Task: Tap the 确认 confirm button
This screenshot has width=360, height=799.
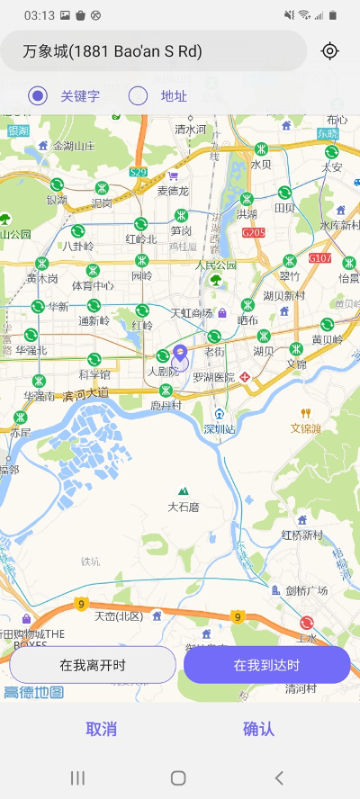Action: pyautogui.click(x=258, y=729)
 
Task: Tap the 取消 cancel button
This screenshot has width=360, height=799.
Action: pyautogui.click(x=101, y=729)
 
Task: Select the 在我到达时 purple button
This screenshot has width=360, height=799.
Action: pyautogui.click(x=266, y=665)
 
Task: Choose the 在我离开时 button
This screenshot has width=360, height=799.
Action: pyautogui.click(x=93, y=665)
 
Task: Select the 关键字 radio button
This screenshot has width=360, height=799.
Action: pyautogui.click(x=38, y=96)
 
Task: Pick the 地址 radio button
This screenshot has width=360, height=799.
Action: pyautogui.click(x=139, y=96)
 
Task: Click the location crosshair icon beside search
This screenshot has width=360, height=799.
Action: pyautogui.click(x=330, y=51)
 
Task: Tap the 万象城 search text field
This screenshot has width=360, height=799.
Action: pyautogui.click(x=153, y=51)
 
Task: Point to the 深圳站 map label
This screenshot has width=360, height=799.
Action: pyautogui.click(x=219, y=428)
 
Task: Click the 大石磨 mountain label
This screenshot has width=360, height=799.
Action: pyautogui.click(x=184, y=507)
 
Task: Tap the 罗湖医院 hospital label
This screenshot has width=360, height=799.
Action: pyautogui.click(x=213, y=377)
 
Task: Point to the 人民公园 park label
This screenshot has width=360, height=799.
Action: pyautogui.click(x=216, y=265)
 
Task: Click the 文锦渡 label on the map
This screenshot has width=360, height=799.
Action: pyautogui.click(x=306, y=428)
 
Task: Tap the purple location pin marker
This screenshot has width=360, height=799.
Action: pyautogui.click(x=180, y=361)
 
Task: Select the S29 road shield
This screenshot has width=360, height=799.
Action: pyautogui.click(x=138, y=172)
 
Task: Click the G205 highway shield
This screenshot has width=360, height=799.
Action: pyautogui.click(x=254, y=232)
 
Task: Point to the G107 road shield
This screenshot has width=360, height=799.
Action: pyautogui.click(x=319, y=258)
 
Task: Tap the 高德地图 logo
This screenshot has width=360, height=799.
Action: pyautogui.click(x=33, y=692)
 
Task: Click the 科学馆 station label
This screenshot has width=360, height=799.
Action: pyautogui.click(x=94, y=374)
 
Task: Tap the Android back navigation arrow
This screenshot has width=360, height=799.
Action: pyautogui.click(x=279, y=777)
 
